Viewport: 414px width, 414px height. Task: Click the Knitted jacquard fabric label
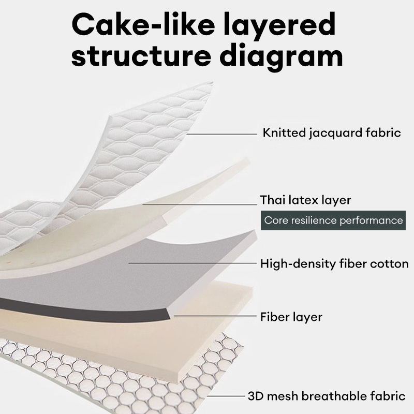332,133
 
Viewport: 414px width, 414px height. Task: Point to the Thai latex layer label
306,200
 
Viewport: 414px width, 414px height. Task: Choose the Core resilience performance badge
333,220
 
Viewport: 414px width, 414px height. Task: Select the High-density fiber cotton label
334,263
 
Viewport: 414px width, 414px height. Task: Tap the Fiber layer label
291,316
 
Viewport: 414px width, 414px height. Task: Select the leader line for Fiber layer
214,314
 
